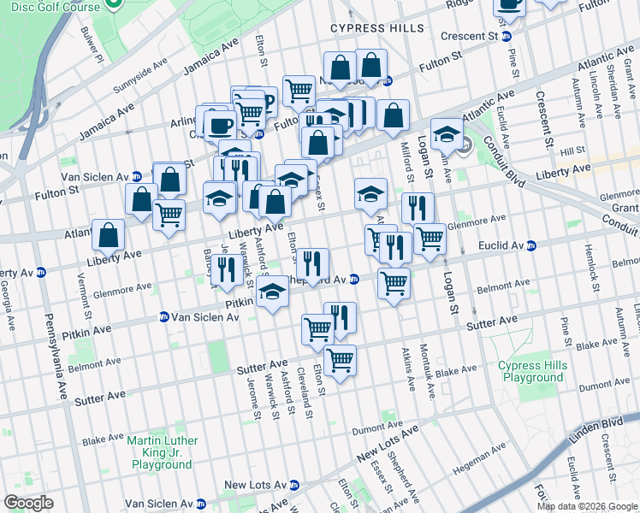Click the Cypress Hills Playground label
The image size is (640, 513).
(532, 371)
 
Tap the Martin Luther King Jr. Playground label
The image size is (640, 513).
(163, 452)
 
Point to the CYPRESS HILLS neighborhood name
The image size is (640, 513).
(377, 28)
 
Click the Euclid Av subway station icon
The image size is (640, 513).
(531, 245)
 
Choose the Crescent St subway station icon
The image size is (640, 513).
(507, 37)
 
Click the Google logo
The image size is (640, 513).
(28, 503)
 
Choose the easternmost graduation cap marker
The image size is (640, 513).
(447, 133)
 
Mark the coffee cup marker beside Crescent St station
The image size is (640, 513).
(510, 4)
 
